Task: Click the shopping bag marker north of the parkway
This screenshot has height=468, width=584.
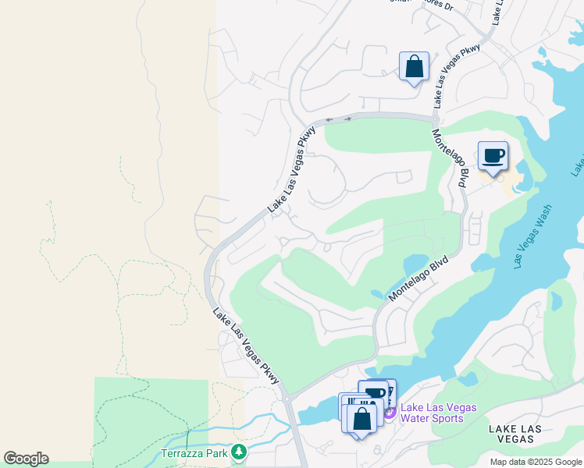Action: pyautogui.click(x=414, y=66)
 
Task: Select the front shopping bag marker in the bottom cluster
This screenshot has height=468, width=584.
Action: pyautogui.click(x=362, y=418)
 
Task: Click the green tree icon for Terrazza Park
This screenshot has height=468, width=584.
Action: pyautogui.click(x=239, y=452)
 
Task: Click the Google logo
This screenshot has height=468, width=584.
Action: pyautogui.click(x=26, y=459)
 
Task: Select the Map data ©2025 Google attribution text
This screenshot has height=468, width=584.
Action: pyautogui.click(x=535, y=462)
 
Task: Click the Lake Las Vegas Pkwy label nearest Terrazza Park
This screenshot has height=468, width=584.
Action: pyautogui.click(x=246, y=346)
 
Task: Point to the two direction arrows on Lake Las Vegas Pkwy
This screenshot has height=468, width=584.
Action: pyautogui.click(x=339, y=119)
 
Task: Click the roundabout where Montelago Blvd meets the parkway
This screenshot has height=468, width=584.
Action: pyautogui.click(x=435, y=119)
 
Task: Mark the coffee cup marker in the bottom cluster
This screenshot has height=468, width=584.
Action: pyautogui.click(x=375, y=393)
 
